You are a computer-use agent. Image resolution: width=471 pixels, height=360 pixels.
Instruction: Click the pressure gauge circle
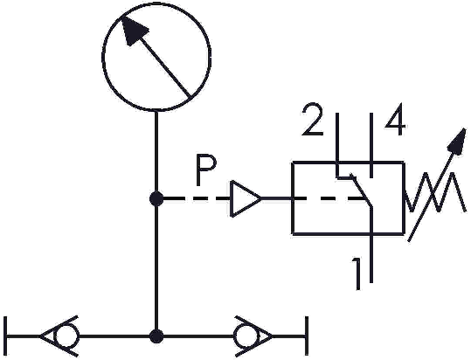103,57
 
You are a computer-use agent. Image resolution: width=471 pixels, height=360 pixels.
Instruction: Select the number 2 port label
314,119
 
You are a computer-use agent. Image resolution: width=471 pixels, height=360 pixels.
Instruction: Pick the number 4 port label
395,119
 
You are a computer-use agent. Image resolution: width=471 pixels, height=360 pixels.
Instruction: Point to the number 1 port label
357,273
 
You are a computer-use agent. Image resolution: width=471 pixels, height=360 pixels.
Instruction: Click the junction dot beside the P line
156,198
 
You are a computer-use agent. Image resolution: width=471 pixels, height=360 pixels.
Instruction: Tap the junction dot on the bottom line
156,336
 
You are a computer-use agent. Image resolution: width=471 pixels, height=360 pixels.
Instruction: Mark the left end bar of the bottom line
6,336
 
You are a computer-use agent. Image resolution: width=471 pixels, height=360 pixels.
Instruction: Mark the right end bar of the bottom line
307,336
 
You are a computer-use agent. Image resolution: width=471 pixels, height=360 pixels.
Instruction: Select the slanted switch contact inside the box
363,191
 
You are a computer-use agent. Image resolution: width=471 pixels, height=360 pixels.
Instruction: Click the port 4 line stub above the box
371,145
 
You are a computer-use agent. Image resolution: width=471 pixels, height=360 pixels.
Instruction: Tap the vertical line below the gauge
156,224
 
